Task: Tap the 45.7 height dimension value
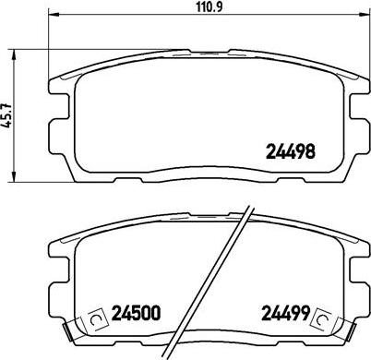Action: click(x=6, y=115)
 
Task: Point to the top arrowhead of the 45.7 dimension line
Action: click(x=13, y=50)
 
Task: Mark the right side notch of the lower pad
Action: click(x=360, y=277)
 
